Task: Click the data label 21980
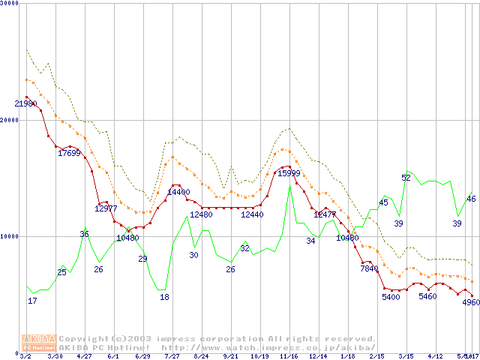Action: (x=26, y=103)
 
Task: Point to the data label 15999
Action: (x=290, y=173)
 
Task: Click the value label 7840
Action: (x=370, y=268)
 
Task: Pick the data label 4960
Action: (x=470, y=302)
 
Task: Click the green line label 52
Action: (x=406, y=178)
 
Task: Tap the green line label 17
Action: (x=32, y=301)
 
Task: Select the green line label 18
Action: (x=164, y=297)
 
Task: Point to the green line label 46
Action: (x=471, y=199)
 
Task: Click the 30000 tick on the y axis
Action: (x=10, y=4)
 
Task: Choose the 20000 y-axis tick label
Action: (x=10, y=120)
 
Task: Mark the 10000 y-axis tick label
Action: (x=10, y=236)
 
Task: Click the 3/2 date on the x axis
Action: (x=26, y=356)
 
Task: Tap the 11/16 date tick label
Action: (x=289, y=356)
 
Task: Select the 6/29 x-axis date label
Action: (x=142, y=356)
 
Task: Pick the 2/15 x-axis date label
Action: (x=376, y=356)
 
